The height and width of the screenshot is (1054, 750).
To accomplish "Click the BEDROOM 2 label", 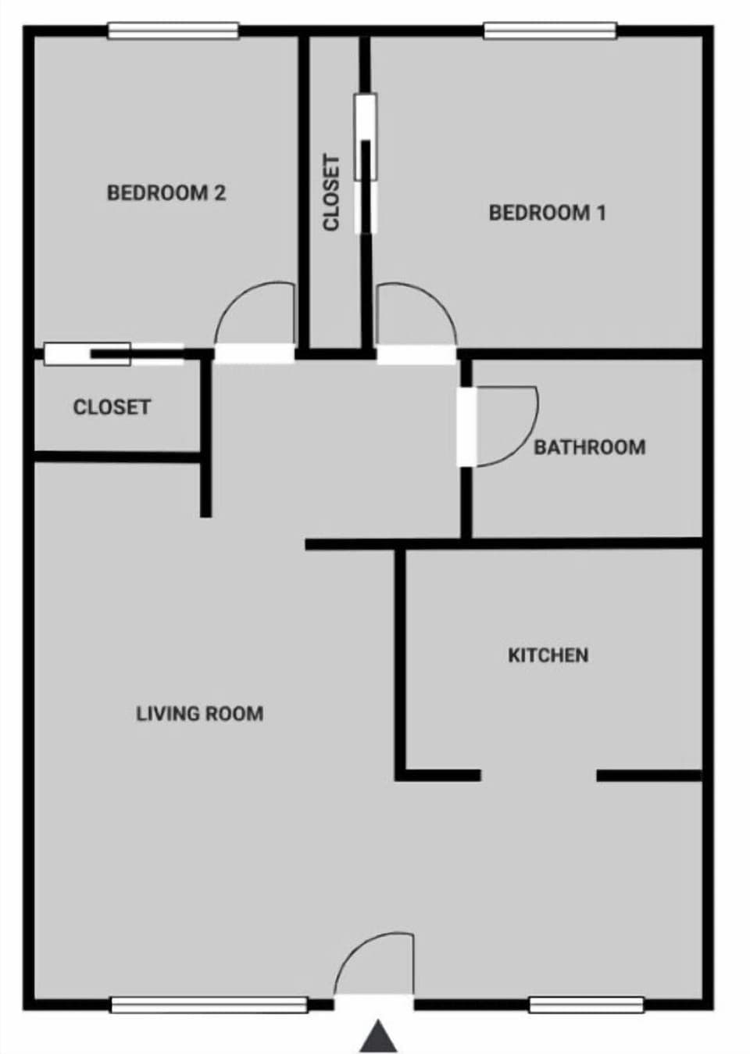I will pos(166,192).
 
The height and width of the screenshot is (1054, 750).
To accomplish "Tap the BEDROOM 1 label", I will pos(547,212).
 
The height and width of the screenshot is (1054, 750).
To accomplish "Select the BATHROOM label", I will pos(590,447).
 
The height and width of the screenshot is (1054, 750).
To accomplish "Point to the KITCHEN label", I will pos(548,655).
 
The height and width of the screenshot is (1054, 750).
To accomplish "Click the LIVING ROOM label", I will pos(199,713).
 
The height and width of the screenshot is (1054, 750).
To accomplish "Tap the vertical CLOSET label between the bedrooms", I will pos(332,192).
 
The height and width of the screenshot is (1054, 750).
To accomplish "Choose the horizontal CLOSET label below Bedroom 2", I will pos(112,407).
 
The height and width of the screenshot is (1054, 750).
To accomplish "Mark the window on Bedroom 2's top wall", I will pos(173,31).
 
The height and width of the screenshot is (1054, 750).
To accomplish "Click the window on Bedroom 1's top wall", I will pos(550,31).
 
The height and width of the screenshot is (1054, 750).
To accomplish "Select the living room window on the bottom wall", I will pos(209,1005).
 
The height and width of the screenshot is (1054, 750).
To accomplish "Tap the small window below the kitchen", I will pos(587,1005).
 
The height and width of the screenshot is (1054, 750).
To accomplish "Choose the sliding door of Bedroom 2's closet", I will pos(113,354).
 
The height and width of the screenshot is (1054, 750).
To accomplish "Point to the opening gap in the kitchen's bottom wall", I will pos(538,776).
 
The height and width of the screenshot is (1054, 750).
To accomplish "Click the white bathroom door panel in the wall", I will pos(466,426).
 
